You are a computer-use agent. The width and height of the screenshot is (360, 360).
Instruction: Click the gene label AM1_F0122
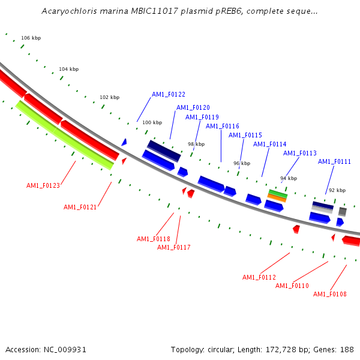pos(168,95)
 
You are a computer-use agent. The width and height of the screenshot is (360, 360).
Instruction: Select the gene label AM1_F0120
pos(193,108)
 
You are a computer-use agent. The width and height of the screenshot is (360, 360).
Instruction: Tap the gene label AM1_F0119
pos(202,118)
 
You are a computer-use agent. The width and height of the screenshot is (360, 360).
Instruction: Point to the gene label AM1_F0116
pos(222,127)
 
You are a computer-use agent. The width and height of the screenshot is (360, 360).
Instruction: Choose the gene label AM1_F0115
pos(245,136)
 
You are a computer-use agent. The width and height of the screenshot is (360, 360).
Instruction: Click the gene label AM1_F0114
pos(269,145)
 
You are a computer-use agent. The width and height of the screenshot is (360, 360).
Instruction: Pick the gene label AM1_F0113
pos(299,154)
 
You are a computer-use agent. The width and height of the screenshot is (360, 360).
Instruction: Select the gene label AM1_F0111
pos(334,162)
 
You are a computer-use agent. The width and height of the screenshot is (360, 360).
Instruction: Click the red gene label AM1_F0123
pos(43,186)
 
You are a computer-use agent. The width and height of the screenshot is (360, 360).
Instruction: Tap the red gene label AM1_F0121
pos(80,208)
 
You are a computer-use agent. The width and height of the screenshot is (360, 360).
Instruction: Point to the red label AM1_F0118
pos(153,239)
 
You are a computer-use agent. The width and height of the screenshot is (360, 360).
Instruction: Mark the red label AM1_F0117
pos(173,248)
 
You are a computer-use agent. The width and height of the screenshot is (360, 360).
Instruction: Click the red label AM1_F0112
pos(259,278)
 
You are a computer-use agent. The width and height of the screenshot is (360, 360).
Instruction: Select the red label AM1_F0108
pos(329,294)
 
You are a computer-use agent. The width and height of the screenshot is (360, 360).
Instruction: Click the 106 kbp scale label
pos(31,38)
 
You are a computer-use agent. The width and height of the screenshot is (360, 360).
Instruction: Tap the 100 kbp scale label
pos(152,122)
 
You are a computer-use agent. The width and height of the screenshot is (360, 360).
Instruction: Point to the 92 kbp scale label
pos(337,190)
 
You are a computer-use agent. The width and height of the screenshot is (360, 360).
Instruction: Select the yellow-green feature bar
pos(64,135)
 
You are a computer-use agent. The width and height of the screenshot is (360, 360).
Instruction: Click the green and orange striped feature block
pos(277,195)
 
